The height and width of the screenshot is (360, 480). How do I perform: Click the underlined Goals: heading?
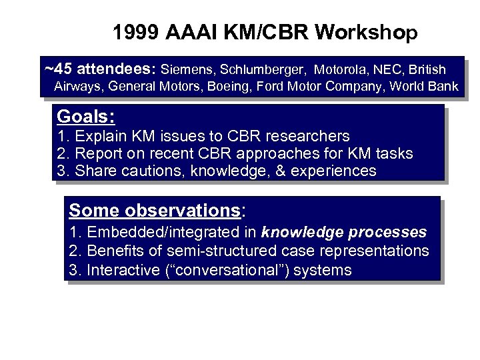[x=86, y=117]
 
